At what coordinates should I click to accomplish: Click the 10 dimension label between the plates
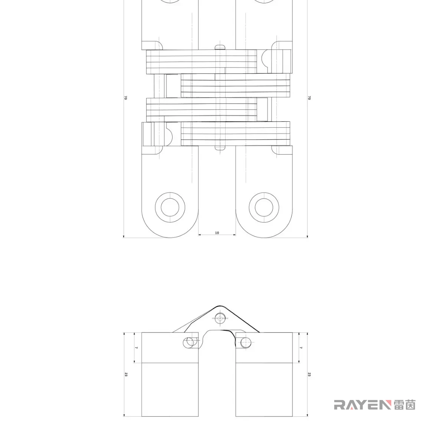point(217,233)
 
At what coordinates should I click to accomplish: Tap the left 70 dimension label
point(126,98)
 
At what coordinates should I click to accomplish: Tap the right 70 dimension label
point(309,98)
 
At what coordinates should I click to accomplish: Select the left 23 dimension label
point(126,374)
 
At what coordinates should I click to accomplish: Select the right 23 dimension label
point(309,374)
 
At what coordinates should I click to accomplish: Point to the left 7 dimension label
point(136,348)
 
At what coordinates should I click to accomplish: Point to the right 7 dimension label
point(301,348)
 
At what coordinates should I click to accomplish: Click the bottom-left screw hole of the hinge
point(170,207)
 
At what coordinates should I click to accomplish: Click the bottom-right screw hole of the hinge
point(264,207)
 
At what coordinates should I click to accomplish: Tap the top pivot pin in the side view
point(220,318)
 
